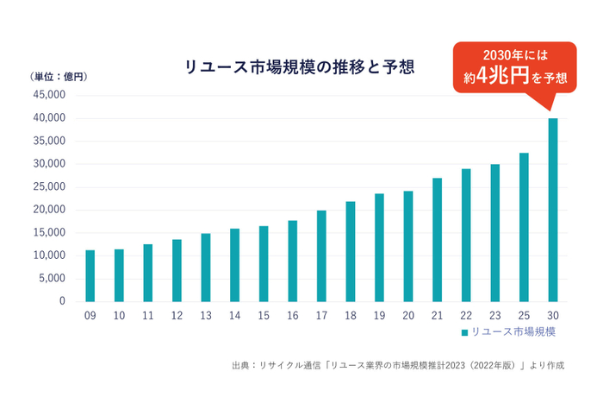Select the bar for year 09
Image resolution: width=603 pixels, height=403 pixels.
(x=90, y=275)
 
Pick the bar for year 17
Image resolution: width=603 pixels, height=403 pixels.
(x=321, y=255)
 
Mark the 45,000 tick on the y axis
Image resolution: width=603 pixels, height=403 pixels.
(x=50, y=96)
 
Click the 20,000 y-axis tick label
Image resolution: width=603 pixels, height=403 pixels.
(x=50, y=210)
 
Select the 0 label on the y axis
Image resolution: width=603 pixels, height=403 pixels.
(x=62, y=301)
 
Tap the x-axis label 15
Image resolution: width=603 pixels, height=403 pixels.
(x=263, y=317)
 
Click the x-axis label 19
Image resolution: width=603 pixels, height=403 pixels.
(x=379, y=317)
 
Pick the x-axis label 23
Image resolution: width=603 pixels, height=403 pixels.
(x=494, y=317)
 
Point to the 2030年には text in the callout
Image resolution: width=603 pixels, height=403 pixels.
(x=515, y=55)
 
